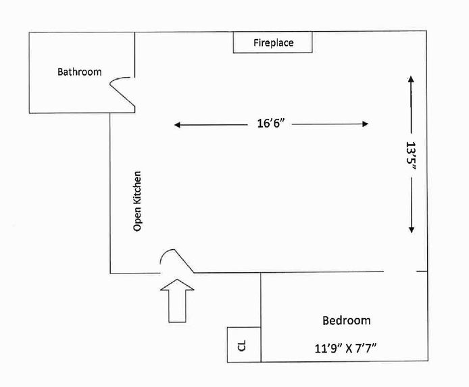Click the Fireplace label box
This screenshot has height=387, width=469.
pyautogui.click(x=273, y=43)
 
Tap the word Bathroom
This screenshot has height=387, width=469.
pyautogui.click(x=79, y=72)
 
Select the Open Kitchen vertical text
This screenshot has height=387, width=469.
pyautogui.click(x=137, y=201)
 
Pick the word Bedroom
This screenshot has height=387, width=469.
pyautogui.click(x=346, y=320)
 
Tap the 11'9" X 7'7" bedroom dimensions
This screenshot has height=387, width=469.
pyautogui.click(x=345, y=349)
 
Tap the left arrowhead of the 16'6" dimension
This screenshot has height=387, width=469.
pyautogui.click(x=178, y=124)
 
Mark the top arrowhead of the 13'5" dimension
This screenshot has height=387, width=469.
pyautogui.click(x=410, y=80)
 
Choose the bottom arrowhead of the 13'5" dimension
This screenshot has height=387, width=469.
pyautogui.click(x=410, y=230)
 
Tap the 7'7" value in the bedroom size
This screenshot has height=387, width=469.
pyautogui.click(x=366, y=349)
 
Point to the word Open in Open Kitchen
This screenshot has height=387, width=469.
pyautogui.click(x=137, y=221)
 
